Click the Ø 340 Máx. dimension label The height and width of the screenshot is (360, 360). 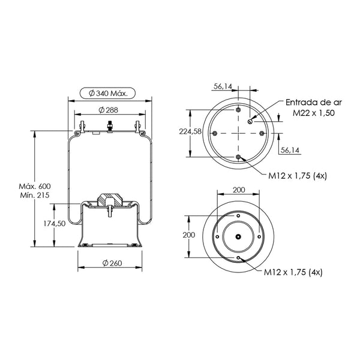(x=107, y=93)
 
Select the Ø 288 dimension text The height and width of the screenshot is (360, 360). (x=109, y=110)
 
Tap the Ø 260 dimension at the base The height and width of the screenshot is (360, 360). (x=112, y=263)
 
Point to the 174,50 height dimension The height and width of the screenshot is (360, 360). (x=55, y=223)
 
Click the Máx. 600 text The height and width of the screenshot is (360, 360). (x=35, y=186)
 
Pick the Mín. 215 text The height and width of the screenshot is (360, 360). (x=35, y=195)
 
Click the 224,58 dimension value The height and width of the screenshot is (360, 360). (x=190, y=131)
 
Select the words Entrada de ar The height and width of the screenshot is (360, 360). (x=314, y=103)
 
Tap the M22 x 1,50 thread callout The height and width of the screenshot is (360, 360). (x=314, y=113)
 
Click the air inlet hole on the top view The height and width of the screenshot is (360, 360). (x=250, y=121)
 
